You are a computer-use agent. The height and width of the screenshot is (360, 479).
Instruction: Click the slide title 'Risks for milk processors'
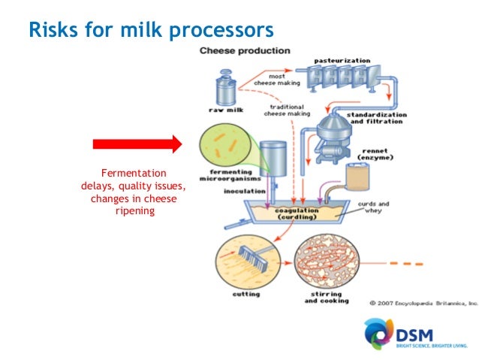(150, 29)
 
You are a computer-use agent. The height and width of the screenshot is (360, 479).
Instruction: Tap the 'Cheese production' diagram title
(245, 51)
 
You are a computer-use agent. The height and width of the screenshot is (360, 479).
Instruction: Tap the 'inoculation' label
(244, 191)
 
